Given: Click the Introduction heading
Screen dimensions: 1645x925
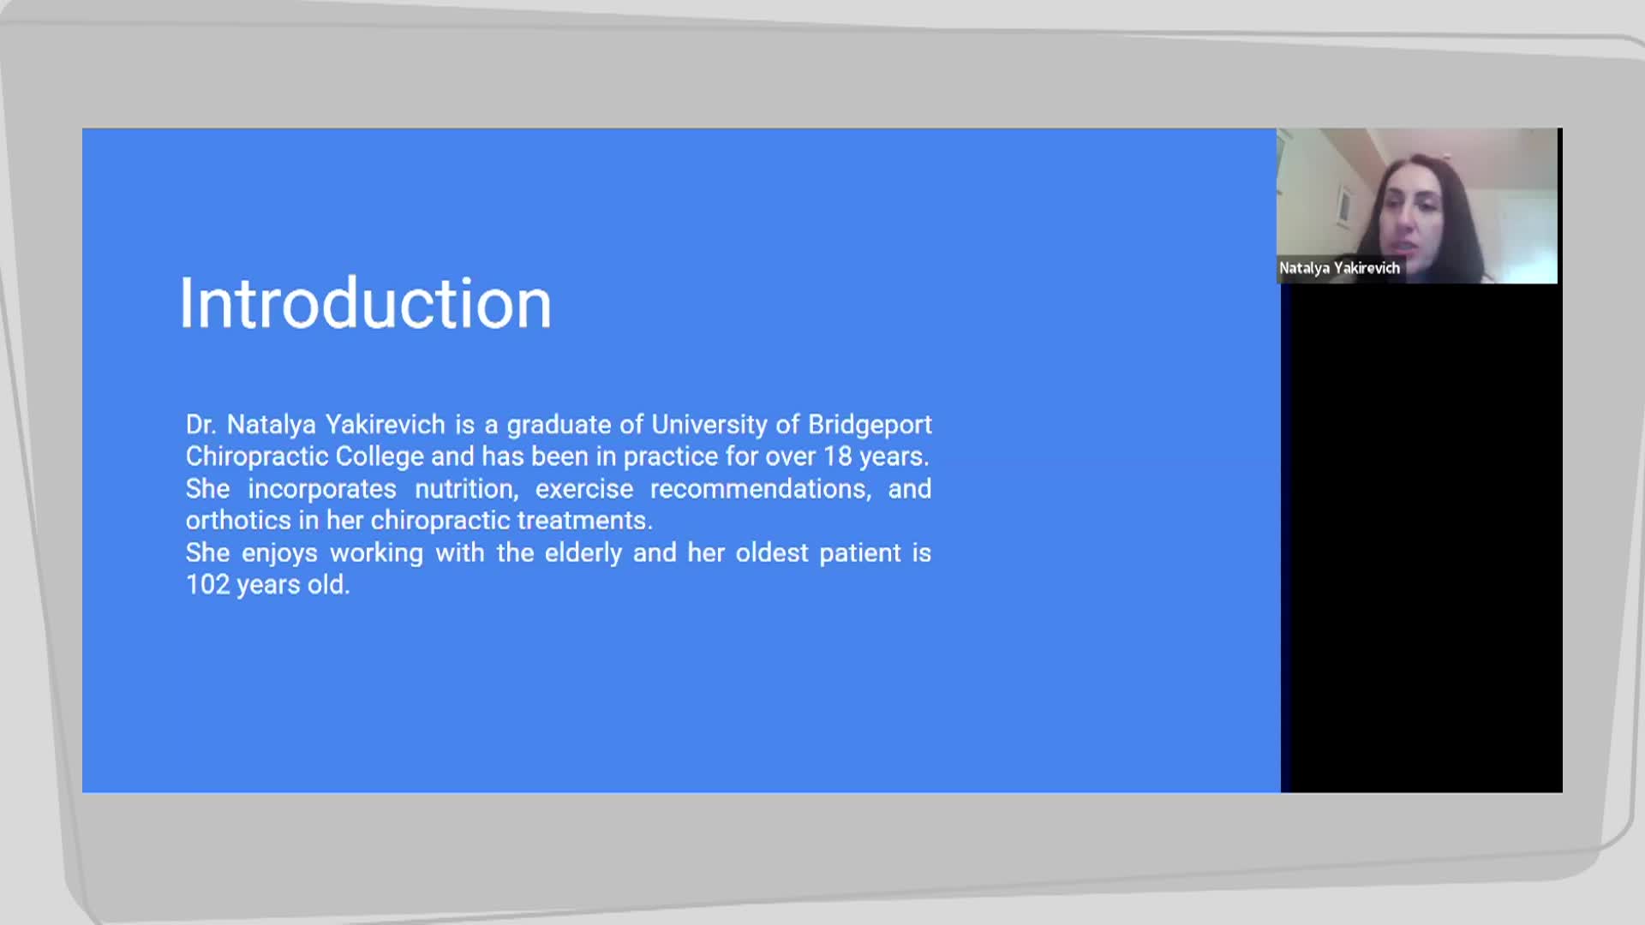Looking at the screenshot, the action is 365,303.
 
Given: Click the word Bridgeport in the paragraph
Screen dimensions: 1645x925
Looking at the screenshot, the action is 870,425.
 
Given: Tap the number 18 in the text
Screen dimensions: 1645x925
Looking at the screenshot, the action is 838,457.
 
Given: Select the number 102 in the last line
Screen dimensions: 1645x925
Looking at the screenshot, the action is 207,585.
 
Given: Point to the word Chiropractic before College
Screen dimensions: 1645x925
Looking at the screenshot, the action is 257,457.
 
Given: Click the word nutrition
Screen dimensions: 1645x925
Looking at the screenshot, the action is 467,489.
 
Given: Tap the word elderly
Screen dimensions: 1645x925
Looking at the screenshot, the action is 583,553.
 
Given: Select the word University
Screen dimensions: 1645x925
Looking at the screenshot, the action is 709,425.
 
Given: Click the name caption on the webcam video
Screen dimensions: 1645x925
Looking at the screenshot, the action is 1339,268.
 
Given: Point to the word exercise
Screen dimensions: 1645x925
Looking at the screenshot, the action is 584,489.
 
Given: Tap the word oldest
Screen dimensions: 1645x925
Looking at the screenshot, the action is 772,553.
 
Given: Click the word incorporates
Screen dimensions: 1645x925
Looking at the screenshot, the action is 322,489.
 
